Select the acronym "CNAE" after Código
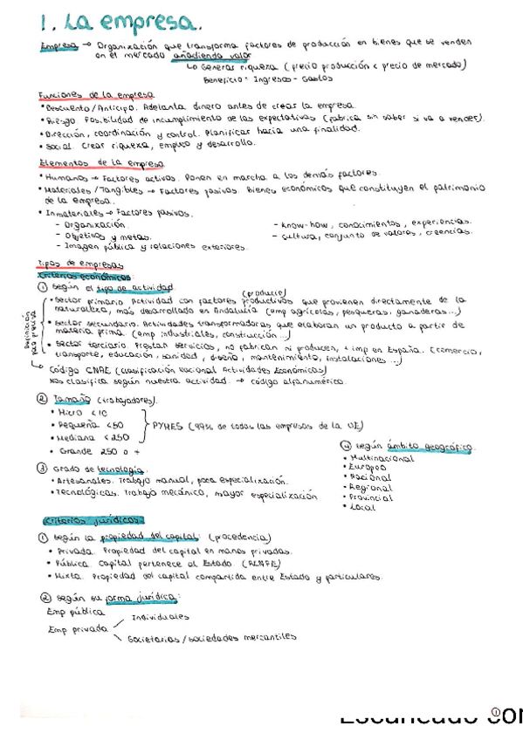coord(103,369)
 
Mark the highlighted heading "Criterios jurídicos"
coord(80,521)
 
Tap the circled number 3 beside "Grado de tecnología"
coord(43,468)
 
